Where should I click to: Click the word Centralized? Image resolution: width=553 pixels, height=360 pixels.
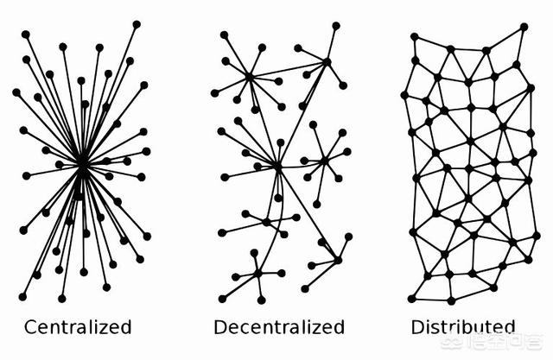pos(78,327)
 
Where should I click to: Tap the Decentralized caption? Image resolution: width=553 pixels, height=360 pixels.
pos(278,327)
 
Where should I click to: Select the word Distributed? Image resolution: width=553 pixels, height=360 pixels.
pos(462,327)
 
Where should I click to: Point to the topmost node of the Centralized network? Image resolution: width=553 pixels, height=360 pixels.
pos(137,23)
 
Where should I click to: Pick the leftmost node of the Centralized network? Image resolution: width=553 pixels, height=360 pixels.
pos(16,92)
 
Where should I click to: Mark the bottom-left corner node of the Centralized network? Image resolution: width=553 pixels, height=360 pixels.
pos(22,296)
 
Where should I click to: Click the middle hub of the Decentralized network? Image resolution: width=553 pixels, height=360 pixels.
pos(277,165)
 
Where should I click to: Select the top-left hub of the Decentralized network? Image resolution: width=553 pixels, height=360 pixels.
pos(249,78)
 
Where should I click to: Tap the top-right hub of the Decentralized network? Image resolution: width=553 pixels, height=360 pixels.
pos(327,61)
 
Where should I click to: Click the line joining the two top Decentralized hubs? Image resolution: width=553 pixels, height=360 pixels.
pos(288,69)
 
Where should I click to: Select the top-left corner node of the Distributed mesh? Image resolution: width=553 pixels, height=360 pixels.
pos(414,36)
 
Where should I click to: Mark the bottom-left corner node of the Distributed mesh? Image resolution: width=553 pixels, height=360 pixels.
pos(412,298)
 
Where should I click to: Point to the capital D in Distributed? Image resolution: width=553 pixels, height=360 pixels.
pos(417,327)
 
